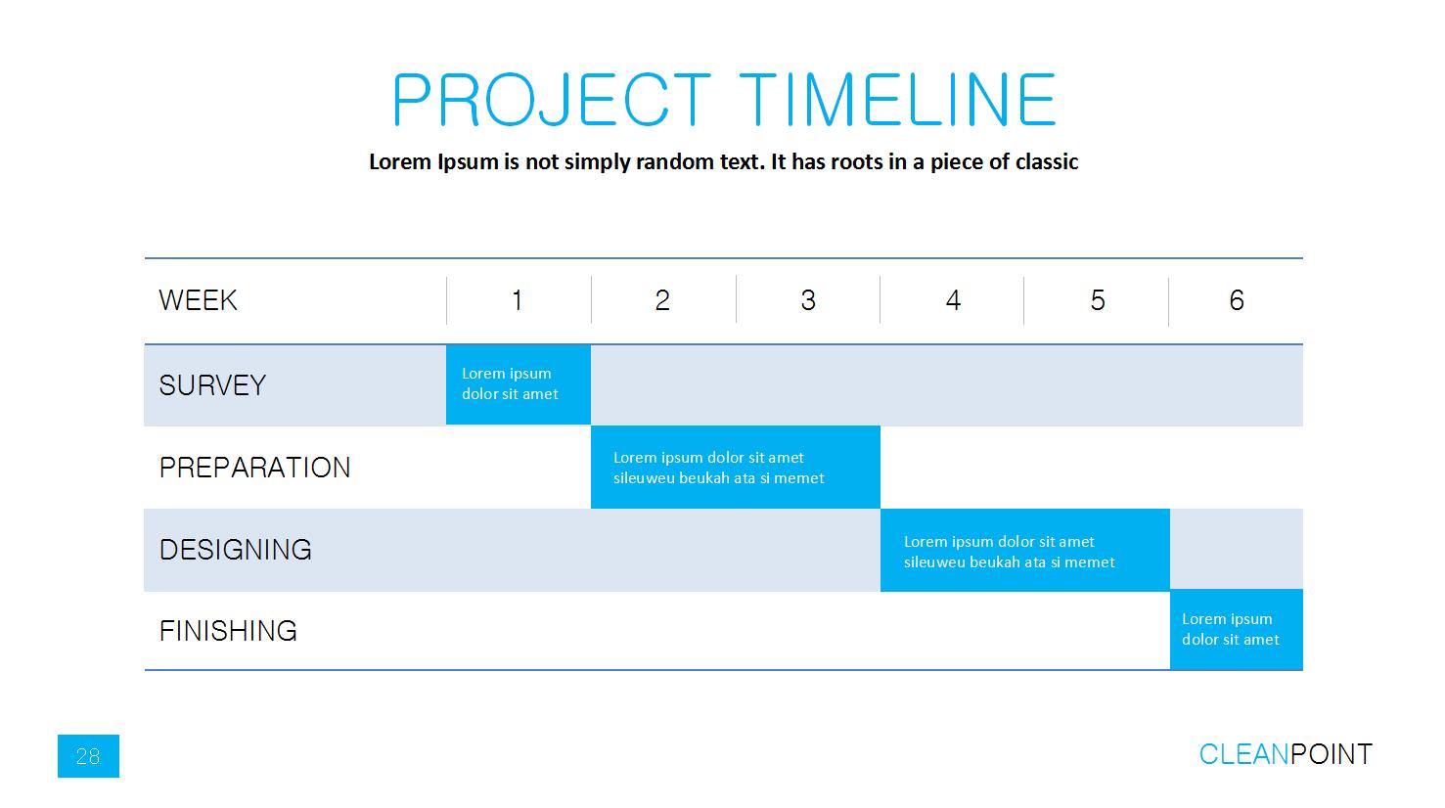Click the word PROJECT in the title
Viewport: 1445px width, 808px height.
tap(552, 100)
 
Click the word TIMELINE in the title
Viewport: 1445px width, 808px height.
tap(897, 100)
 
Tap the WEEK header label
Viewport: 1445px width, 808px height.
tap(198, 300)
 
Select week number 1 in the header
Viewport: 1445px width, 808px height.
tap(518, 300)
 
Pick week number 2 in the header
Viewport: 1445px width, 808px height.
tap(662, 300)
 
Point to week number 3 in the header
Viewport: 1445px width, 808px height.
tap(808, 300)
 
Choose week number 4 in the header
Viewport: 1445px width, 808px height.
tap(954, 300)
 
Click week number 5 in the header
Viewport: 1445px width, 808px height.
tap(1098, 300)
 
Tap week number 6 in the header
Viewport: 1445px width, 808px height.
tap(1237, 300)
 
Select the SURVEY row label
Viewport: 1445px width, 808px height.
tap(212, 385)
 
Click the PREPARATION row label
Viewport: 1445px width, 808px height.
tap(254, 468)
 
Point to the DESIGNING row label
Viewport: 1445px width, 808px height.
tap(236, 550)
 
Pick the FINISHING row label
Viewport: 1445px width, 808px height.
tap(228, 631)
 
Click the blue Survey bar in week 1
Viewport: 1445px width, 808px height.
tap(518, 384)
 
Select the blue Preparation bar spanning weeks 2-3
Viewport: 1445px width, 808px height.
tap(736, 467)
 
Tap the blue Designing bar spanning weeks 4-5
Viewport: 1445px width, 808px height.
tap(1025, 550)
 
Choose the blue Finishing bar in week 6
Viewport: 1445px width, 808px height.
tap(1237, 629)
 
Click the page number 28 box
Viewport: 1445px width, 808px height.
tap(88, 756)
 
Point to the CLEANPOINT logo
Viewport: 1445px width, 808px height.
tap(1286, 754)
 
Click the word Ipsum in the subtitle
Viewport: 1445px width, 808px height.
tap(468, 161)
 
